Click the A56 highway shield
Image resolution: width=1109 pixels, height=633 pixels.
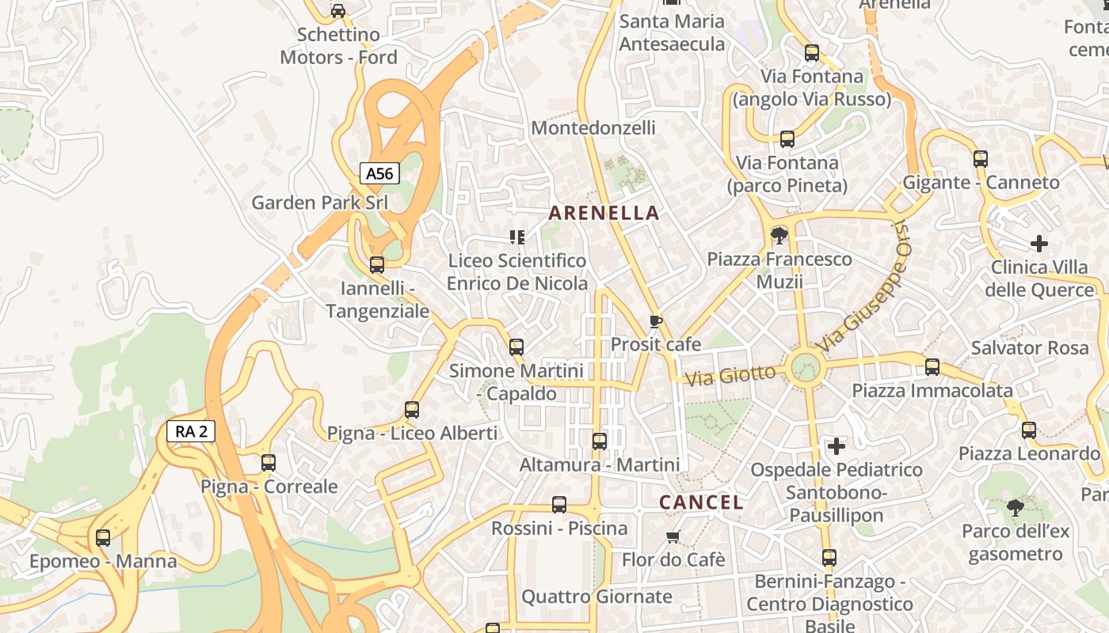[379, 173]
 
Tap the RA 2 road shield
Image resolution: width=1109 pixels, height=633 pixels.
[191, 431]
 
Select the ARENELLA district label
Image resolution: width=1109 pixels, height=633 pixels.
[604, 212]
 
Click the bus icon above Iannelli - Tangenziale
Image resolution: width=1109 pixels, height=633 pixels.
[377, 264]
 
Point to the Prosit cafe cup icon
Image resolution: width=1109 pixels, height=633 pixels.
[655, 321]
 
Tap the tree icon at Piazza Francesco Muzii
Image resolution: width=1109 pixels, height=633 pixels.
[779, 235]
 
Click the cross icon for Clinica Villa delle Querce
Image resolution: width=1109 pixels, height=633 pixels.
[1039, 243]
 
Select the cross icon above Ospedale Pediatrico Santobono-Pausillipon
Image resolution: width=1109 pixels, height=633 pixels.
[837, 446]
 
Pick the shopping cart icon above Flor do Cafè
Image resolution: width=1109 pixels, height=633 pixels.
[673, 537]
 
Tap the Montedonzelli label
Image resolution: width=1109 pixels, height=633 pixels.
[593, 127]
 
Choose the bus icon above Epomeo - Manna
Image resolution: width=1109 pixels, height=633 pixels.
[103, 538]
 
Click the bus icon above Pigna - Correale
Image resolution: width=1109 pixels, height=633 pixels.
[269, 463]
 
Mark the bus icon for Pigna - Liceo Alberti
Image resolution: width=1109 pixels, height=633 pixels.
[412, 410]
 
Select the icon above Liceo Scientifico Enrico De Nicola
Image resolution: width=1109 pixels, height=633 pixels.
[517, 237]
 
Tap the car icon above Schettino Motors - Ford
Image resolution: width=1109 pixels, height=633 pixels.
[338, 11]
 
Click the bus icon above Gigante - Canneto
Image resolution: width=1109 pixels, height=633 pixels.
[981, 159]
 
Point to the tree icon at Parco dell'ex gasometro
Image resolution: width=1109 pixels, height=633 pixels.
[1015, 507]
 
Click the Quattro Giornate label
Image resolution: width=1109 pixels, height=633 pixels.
[596, 597]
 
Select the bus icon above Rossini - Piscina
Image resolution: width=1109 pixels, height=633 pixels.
[559, 505]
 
